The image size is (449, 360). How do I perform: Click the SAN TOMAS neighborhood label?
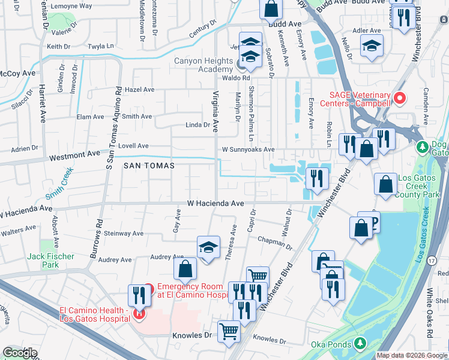click(x=149, y=165)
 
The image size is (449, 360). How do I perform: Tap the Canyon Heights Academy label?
click(x=203, y=65)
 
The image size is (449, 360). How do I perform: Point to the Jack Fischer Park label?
click(x=51, y=260)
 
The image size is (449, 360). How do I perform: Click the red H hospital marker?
click(x=139, y=313)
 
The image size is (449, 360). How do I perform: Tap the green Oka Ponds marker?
click(x=360, y=343)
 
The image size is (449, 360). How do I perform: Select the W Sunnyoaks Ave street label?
click(x=248, y=149)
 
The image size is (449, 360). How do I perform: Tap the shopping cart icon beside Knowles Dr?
click(x=229, y=331)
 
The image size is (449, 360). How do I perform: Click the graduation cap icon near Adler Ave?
click(x=372, y=46)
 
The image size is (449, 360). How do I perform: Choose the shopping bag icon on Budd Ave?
click(x=271, y=9)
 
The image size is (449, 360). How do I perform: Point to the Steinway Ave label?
click(x=124, y=233)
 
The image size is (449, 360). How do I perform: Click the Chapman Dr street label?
click(x=274, y=242)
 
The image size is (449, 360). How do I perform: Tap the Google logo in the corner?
click(x=19, y=353)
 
